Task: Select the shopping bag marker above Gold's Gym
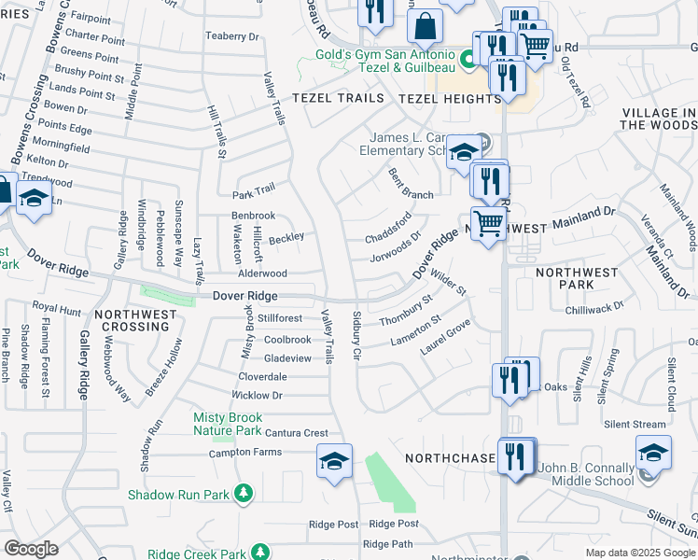[426, 27]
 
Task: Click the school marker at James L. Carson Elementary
[464, 152]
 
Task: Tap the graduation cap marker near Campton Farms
[334, 462]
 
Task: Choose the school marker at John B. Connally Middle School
[654, 455]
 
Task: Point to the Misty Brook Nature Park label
[227, 424]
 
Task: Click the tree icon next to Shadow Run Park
[243, 492]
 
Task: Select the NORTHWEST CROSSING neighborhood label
[136, 321]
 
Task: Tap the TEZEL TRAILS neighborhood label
[338, 98]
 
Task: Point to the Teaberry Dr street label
[231, 36]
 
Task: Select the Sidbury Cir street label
[356, 337]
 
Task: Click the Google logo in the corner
[32, 550]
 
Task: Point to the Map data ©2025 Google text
[639, 553]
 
